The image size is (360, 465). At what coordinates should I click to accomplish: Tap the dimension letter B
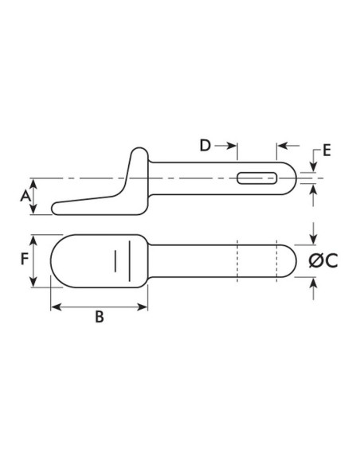click(99, 317)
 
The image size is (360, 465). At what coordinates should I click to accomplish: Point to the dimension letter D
click(205, 146)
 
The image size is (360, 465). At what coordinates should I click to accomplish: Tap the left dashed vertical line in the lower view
click(237, 260)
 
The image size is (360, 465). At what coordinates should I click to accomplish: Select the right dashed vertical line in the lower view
click(274, 260)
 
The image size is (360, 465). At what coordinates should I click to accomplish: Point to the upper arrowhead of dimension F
click(33, 239)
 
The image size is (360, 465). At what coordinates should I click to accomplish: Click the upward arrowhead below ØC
click(315, 283)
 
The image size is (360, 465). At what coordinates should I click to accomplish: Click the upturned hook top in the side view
click(139, 150)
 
